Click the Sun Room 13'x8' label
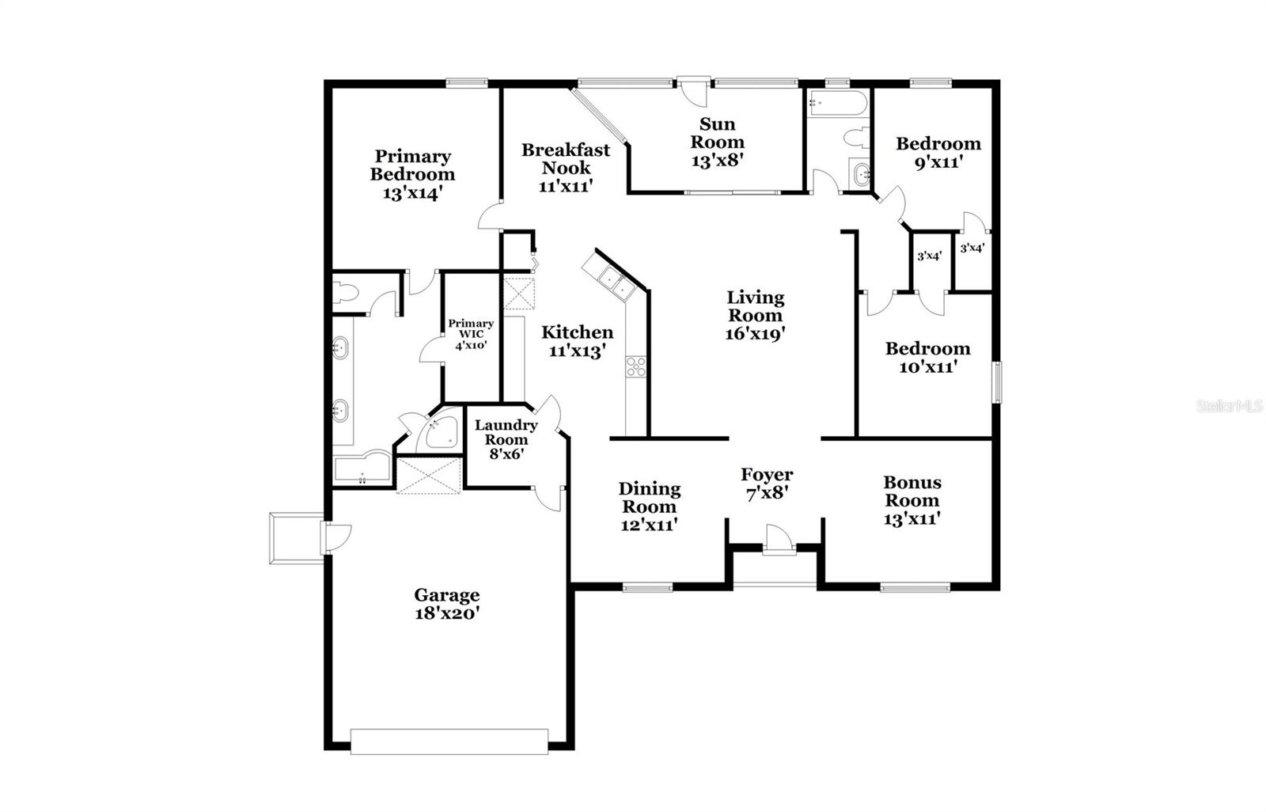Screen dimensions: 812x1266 [x=718, y=142]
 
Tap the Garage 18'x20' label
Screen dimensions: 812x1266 [x=447, y=604]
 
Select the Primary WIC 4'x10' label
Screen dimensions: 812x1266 [x=471, y=334]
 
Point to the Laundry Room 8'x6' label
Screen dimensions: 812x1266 [x=506, y=439]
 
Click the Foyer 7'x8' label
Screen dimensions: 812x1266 [x=767, y=484]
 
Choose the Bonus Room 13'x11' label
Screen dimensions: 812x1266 [x=912, y=500]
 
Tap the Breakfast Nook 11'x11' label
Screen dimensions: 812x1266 [x=566, y=168]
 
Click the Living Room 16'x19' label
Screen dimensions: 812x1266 [x=756, y=315]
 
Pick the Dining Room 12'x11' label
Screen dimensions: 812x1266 [x=648, y=507]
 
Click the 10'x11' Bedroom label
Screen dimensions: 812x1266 [x=927, y=357]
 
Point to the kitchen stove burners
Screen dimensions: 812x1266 [x=636, y=366]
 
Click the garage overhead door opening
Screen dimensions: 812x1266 [x=449, y=741]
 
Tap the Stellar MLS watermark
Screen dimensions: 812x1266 [x=1230, y=406]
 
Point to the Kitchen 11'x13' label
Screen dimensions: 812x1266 [x=577, y=341]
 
